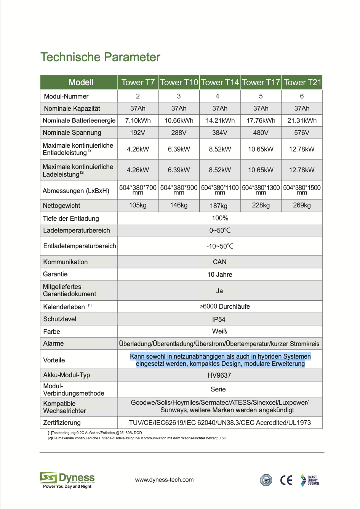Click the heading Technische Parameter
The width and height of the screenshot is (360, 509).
point(100,57)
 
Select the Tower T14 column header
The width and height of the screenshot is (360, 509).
point(220,82)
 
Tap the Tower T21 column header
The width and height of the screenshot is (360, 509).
point(302,82)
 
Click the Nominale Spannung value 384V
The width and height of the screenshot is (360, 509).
point(220,132)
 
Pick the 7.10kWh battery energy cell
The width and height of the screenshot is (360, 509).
point(138,120)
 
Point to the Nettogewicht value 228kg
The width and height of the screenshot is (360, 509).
point(261,205)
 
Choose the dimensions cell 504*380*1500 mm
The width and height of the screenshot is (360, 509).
point(302,190)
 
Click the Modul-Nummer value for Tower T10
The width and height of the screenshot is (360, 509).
point(179,96)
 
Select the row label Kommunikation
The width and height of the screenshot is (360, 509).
point(66,262)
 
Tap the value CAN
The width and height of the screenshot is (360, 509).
point(220,262)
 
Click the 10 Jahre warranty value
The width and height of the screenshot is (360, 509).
point(220,274)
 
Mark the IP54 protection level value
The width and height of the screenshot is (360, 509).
point(219,319)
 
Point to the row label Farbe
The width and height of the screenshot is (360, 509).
point(52,332)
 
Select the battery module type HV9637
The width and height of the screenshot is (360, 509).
point(219,375)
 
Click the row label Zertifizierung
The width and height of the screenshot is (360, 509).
point(62,423)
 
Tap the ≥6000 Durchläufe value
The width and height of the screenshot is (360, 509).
point(225,306)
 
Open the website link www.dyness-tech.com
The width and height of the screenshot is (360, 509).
point(164,480)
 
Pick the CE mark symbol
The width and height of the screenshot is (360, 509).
point(286,480)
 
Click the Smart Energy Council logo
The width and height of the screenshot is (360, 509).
point(310,480)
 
